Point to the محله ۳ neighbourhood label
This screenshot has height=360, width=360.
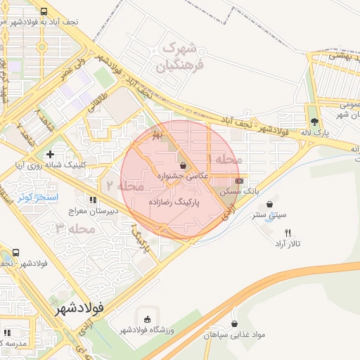75,229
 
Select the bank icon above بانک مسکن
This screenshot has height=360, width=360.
240,181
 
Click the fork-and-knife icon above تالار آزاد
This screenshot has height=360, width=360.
287,233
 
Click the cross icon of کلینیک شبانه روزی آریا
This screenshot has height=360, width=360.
49,153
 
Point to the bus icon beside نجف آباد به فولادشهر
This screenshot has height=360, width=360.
45,11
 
